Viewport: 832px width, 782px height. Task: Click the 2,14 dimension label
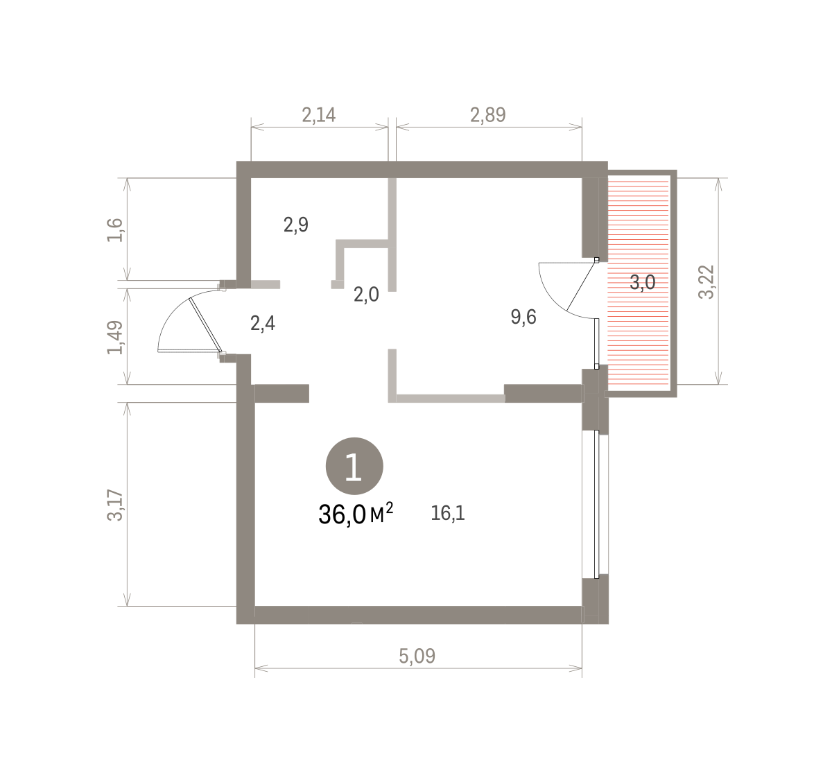[319, 115]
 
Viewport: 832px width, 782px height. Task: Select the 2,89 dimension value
[488, 115]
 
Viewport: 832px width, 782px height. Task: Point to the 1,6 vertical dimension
[115, 230]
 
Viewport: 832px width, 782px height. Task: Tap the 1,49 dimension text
[115, 338]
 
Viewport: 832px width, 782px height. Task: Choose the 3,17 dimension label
[115, 505]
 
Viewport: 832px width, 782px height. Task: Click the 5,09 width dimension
[417, 656]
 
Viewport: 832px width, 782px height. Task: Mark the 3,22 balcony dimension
[707, 281]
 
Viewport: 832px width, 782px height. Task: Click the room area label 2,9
[296, 225]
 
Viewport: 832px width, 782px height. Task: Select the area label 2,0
[366, 295]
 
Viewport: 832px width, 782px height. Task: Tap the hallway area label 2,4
[263, 323]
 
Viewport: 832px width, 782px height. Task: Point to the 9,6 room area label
[523, 317]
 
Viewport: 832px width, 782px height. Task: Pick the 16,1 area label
[448, 513]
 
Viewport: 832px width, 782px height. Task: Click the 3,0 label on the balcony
[642, 283]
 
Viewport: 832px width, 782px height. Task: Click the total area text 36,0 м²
[356, 514]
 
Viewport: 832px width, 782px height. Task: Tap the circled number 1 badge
[354, 466]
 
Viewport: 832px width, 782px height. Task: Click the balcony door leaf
[581, 286]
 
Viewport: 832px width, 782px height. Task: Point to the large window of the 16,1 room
[596, 504]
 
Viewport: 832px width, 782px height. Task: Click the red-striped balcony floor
[638, 281]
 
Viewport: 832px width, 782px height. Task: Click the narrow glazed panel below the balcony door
[596, 342]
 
